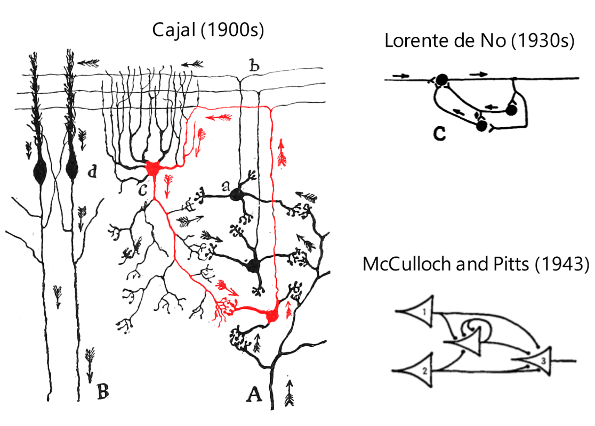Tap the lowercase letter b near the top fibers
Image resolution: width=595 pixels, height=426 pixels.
(x=255, y=67)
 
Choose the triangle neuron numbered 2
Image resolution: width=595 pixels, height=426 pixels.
(x=420, y=369)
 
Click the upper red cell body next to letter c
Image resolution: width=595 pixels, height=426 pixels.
(x=154, y=169)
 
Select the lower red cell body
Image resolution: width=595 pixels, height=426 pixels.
(x=272, y=316)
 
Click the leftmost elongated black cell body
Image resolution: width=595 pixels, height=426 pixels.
(x=39, y=171)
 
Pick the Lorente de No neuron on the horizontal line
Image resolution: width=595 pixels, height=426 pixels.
(x=441, y=80)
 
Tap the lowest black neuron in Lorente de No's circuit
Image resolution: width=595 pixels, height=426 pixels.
(x=482, y=126)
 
